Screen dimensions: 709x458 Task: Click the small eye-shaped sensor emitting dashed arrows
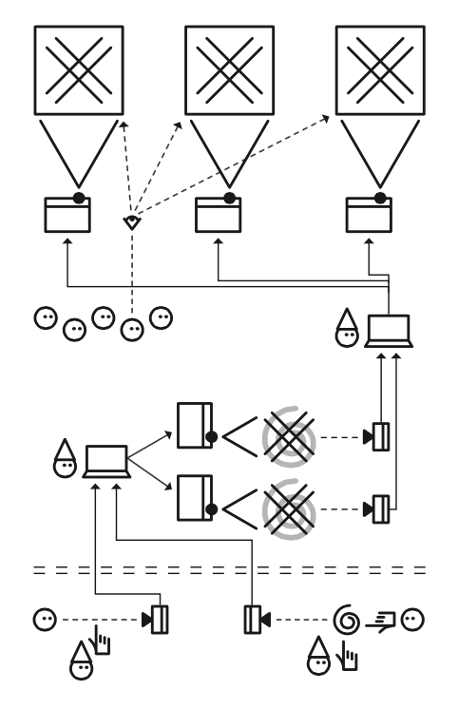tap(131, 220)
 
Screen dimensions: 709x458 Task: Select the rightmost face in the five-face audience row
tap(163, 316)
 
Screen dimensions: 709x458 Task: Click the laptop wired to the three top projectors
tap(389, 331)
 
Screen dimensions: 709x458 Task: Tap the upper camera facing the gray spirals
tap(379, 437)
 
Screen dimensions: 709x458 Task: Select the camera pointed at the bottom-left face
tap(157, 621)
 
